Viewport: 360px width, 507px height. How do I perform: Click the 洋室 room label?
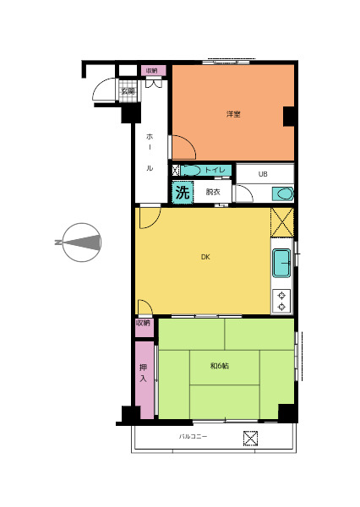click(x=233, y=114)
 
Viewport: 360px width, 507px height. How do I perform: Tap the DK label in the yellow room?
click(x=205, y=257)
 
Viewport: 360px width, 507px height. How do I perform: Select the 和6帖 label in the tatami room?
click(x=220, y=366)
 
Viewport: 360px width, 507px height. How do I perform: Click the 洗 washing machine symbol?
click(x=183, y=193)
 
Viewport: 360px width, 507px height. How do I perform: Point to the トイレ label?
click(x=215, y=170)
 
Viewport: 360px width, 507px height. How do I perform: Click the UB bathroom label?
click(x=263, y=174)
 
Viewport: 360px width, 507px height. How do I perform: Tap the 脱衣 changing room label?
click(x=213, y=192)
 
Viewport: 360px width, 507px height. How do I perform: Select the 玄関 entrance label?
click(x=128, y=91)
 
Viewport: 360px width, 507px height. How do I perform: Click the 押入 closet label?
click(x=144, y=373)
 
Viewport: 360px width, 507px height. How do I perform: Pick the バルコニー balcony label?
click(x=194, y=437)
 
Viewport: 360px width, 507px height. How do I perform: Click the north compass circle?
click(x=81, y=243)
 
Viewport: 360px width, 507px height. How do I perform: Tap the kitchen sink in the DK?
click(x=281, y=263)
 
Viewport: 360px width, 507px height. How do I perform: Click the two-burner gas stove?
click(x=281, y=301)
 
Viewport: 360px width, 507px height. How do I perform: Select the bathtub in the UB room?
click(x=283, y=194)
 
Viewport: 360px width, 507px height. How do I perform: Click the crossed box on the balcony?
click(x=251, y=439)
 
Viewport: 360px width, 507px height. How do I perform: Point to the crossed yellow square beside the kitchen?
click(x=282, y=222)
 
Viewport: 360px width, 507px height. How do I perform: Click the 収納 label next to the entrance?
click(x=152, y=70)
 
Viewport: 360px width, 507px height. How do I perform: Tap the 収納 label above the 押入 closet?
click(x=144, y=323)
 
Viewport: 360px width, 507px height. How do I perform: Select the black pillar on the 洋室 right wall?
click(x=289, y=117)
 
